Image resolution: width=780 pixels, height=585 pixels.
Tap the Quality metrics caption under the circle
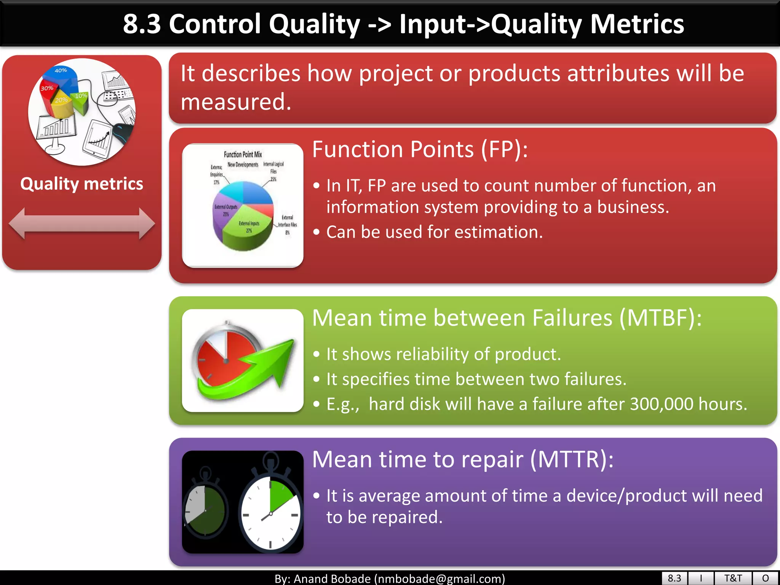click(82, 184)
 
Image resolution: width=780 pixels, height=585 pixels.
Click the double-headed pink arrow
click(82, 224)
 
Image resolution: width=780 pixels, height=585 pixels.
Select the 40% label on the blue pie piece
click(61, 70)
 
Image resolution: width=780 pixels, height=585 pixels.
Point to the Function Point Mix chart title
click(243, 154)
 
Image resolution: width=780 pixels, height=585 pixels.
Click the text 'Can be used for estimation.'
click(434, 232)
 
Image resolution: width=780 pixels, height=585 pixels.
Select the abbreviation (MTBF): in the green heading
click(661, 318)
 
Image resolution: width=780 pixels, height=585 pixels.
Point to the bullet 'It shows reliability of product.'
click(444, 354)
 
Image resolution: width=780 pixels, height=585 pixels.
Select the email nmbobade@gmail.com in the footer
click(440, 579)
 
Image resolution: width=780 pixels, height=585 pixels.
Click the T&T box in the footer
click(733, 578)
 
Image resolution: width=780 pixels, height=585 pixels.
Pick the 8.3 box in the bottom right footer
click(674, 578)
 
